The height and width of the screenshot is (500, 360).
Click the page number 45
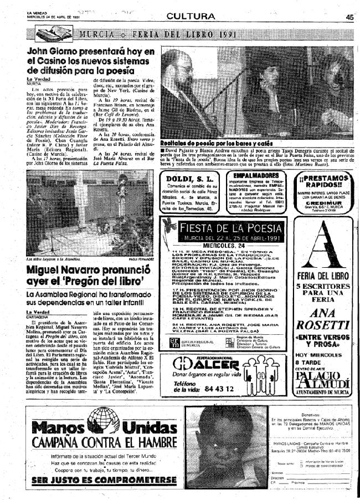pos(349,17)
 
